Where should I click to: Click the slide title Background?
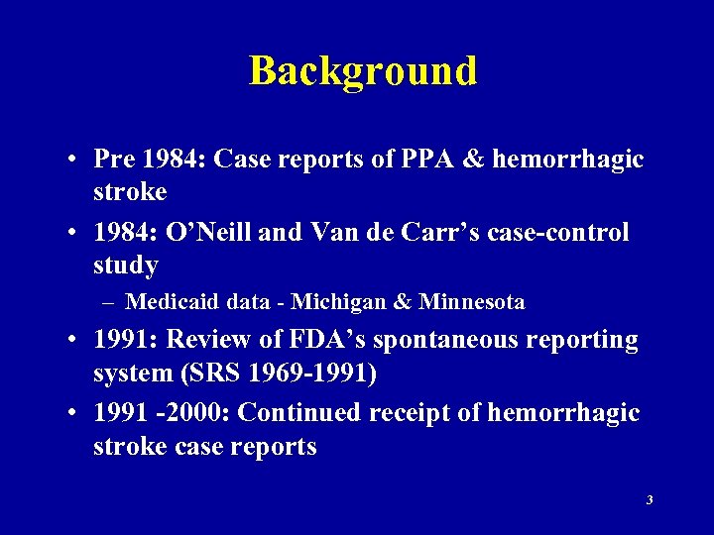point(363,71)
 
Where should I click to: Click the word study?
point(126,266)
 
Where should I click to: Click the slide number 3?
point(650,500)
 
